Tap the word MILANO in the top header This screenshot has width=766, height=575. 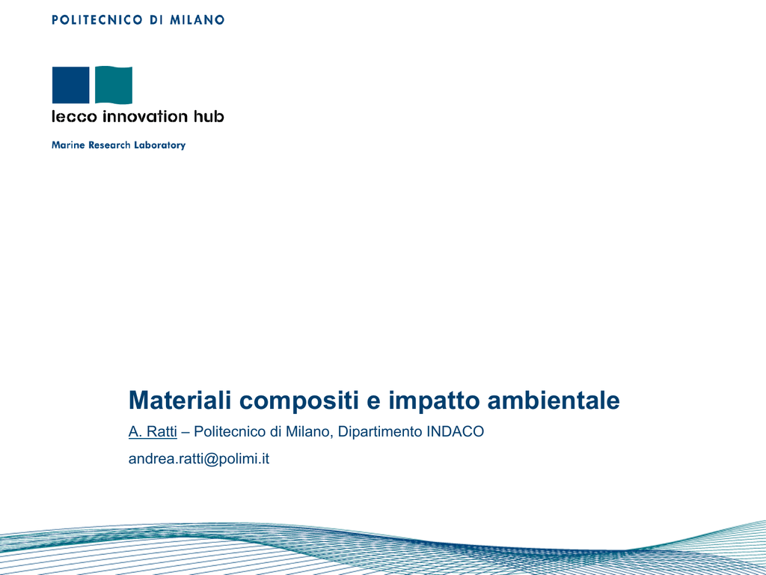[197, 20]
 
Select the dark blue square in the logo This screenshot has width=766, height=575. [71, 85]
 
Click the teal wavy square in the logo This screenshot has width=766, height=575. [114, 85]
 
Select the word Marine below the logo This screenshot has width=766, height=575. [68, 145]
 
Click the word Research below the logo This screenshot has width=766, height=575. [109, 145]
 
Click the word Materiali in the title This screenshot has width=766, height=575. [180, 400]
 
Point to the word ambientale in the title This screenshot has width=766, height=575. [554, 400]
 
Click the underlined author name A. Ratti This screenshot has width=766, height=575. [153, 432]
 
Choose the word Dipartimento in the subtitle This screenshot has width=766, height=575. [380, 432]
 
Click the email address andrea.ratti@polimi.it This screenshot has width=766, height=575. [199, 459]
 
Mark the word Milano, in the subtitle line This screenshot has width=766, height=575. [310, 432]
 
